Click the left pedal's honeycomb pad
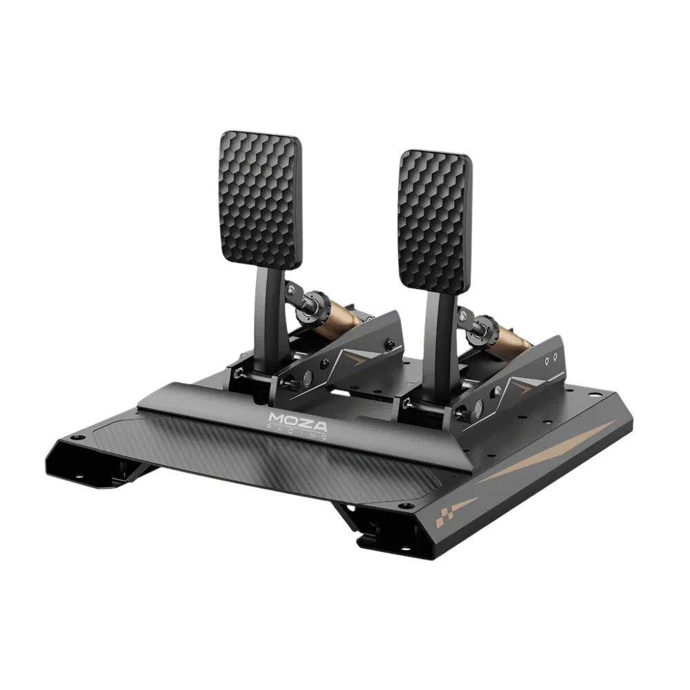pyautogui.click(x=260, y=200)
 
